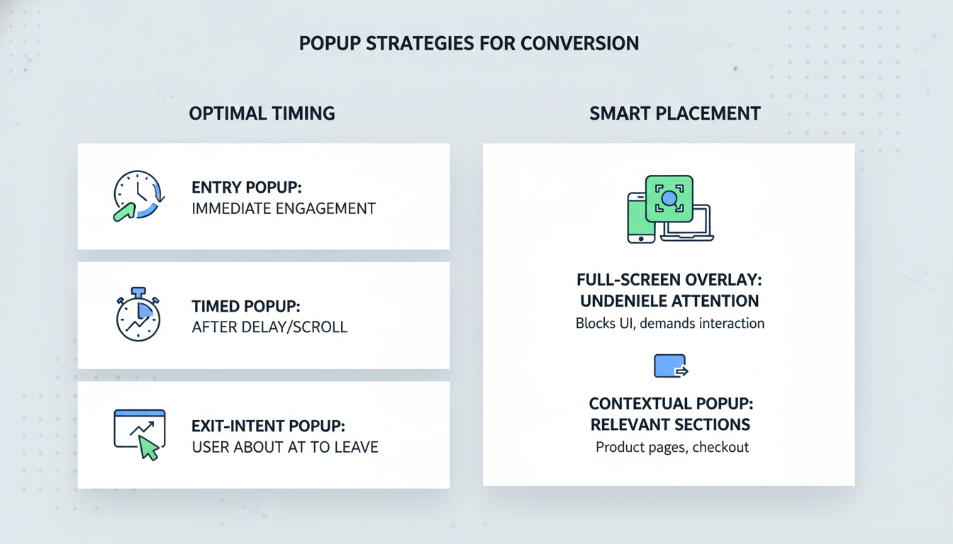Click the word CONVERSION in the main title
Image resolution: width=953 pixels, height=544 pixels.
579,43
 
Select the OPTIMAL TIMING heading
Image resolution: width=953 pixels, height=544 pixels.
262,113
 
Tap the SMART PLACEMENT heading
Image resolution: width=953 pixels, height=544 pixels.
675,113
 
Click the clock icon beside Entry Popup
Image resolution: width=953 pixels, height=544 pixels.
139,195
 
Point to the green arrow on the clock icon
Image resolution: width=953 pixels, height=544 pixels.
124,212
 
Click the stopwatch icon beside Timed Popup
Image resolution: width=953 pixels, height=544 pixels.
138,314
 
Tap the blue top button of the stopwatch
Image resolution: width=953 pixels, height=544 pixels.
138,292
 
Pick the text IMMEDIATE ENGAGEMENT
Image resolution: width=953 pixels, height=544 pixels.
284,209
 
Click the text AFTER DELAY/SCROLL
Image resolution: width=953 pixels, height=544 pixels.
269,327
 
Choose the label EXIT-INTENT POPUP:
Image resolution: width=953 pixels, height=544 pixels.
269,426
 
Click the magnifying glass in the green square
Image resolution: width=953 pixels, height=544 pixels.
669,198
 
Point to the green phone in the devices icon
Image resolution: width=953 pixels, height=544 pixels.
640,217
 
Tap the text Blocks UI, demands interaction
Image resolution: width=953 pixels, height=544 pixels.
670,324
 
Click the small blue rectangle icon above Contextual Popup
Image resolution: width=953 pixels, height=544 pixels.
671,366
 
